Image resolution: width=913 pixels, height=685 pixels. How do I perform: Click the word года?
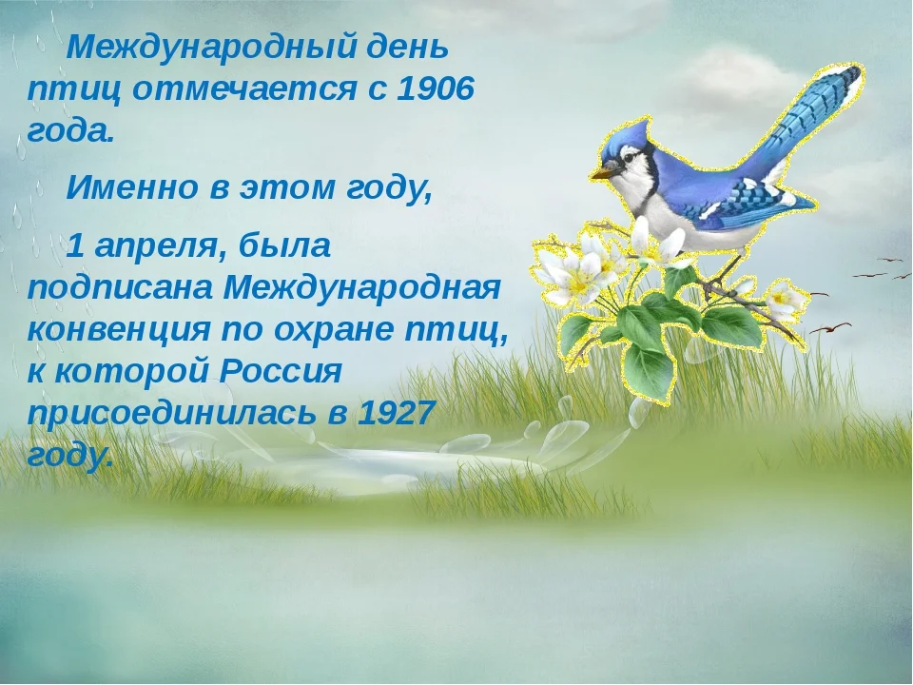[71, 131]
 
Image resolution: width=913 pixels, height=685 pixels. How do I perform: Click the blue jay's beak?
[601, 173]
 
